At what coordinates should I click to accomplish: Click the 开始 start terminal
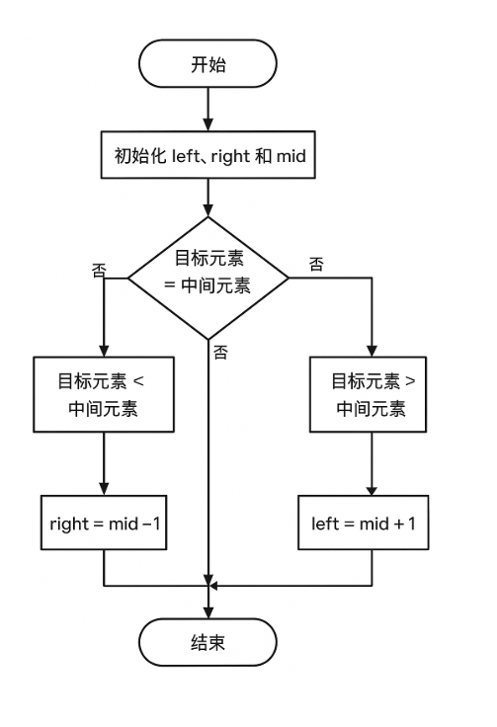click(x=208, y=64)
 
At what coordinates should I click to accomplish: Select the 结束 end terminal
click(x=208, y=643)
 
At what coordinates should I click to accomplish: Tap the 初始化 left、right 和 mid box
click(x=208, y=156)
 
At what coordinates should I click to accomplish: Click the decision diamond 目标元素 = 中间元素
click(x=208, y=276)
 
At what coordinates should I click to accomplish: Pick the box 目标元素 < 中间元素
click(x=104, y=395)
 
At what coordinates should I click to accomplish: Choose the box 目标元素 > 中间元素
click(x=372, y=395)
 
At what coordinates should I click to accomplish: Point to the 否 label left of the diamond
click(x=98, y=270)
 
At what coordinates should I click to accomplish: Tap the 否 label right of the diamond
click(x=316, y=264)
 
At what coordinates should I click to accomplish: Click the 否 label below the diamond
click(x=220, y=352)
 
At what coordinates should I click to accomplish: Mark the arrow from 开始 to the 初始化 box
click(x=208, y=109)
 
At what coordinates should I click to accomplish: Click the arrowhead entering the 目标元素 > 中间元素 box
click(x=372, y=351)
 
